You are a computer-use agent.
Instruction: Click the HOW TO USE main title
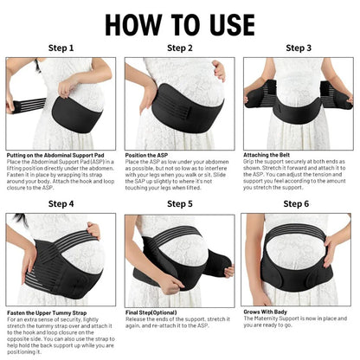coord(179,21)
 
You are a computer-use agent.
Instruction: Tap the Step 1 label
coord(61,49)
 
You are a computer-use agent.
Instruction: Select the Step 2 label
coord(179,49)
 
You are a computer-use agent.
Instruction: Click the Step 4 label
coord(61,204)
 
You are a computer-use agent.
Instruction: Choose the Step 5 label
coord(179,204)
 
